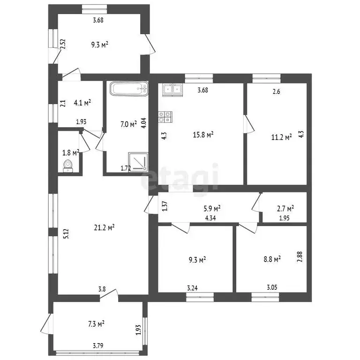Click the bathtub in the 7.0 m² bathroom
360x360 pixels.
pos(129,88)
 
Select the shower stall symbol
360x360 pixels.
pos(138,162)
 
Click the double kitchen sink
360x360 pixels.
pos(172,90)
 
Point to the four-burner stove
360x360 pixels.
pos(165,117)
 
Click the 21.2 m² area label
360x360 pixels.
pos(104,227)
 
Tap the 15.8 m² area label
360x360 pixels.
pos(203,135)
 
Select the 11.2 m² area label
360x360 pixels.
pos(281,137)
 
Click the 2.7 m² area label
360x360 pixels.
pos(285,209)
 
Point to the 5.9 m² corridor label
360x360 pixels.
pos(212,209)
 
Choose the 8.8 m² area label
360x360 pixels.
pos(272,259)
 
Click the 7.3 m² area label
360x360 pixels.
pos(97,324)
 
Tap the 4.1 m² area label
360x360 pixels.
pos(82,103)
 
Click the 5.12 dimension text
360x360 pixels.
pos(66,234)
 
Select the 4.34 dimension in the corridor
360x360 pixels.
pos(210,218)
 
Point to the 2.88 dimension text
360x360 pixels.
pos(300,257)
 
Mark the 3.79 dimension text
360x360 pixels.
pos(98,345)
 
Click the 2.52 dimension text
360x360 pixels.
pos(63,44)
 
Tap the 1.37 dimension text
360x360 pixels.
pos(165,206)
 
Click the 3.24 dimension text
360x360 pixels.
pos(192,288)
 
